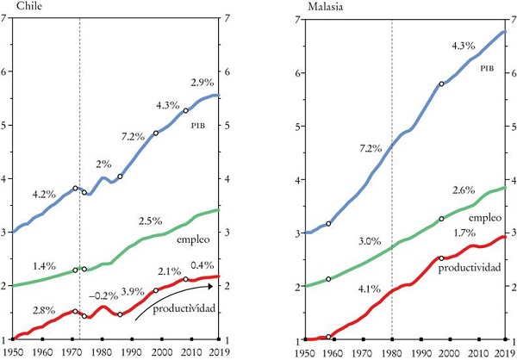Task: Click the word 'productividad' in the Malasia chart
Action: [x=470, y=269]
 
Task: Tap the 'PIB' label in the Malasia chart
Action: [x=487, y=66]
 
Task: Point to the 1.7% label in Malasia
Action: [x=466, y=233]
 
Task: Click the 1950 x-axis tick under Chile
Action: [x=13, y=351]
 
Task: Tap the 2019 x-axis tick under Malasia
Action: [x=506, y=351]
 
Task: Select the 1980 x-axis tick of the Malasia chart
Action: [x=391, y=351]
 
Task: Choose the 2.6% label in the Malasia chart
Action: [x=464, y=190]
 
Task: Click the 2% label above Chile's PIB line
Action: [x=103, y=164]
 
